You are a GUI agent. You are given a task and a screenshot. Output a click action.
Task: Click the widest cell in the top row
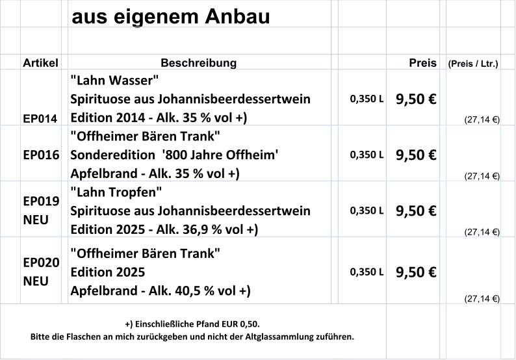coord(200,14)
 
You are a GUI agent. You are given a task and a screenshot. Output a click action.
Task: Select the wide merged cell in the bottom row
coord(193,331)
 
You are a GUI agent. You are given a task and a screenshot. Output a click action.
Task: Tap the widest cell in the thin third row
coord(200,61)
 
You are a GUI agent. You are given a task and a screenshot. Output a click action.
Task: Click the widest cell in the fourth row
coord(200,97)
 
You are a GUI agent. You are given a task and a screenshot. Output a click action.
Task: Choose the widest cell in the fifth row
coord(200,153)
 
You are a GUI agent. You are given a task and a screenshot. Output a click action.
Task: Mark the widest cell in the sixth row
coord(200,209)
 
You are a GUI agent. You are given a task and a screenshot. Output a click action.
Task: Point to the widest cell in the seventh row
coord(200,270)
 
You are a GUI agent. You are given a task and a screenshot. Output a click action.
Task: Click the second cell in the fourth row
coord(41,97)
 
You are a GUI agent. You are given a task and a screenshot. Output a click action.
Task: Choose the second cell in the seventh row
coord(41,270)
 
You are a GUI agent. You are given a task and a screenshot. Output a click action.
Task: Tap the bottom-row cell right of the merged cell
coord(413,331)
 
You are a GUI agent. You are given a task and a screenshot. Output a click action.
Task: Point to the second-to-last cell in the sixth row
coord(473,209)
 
